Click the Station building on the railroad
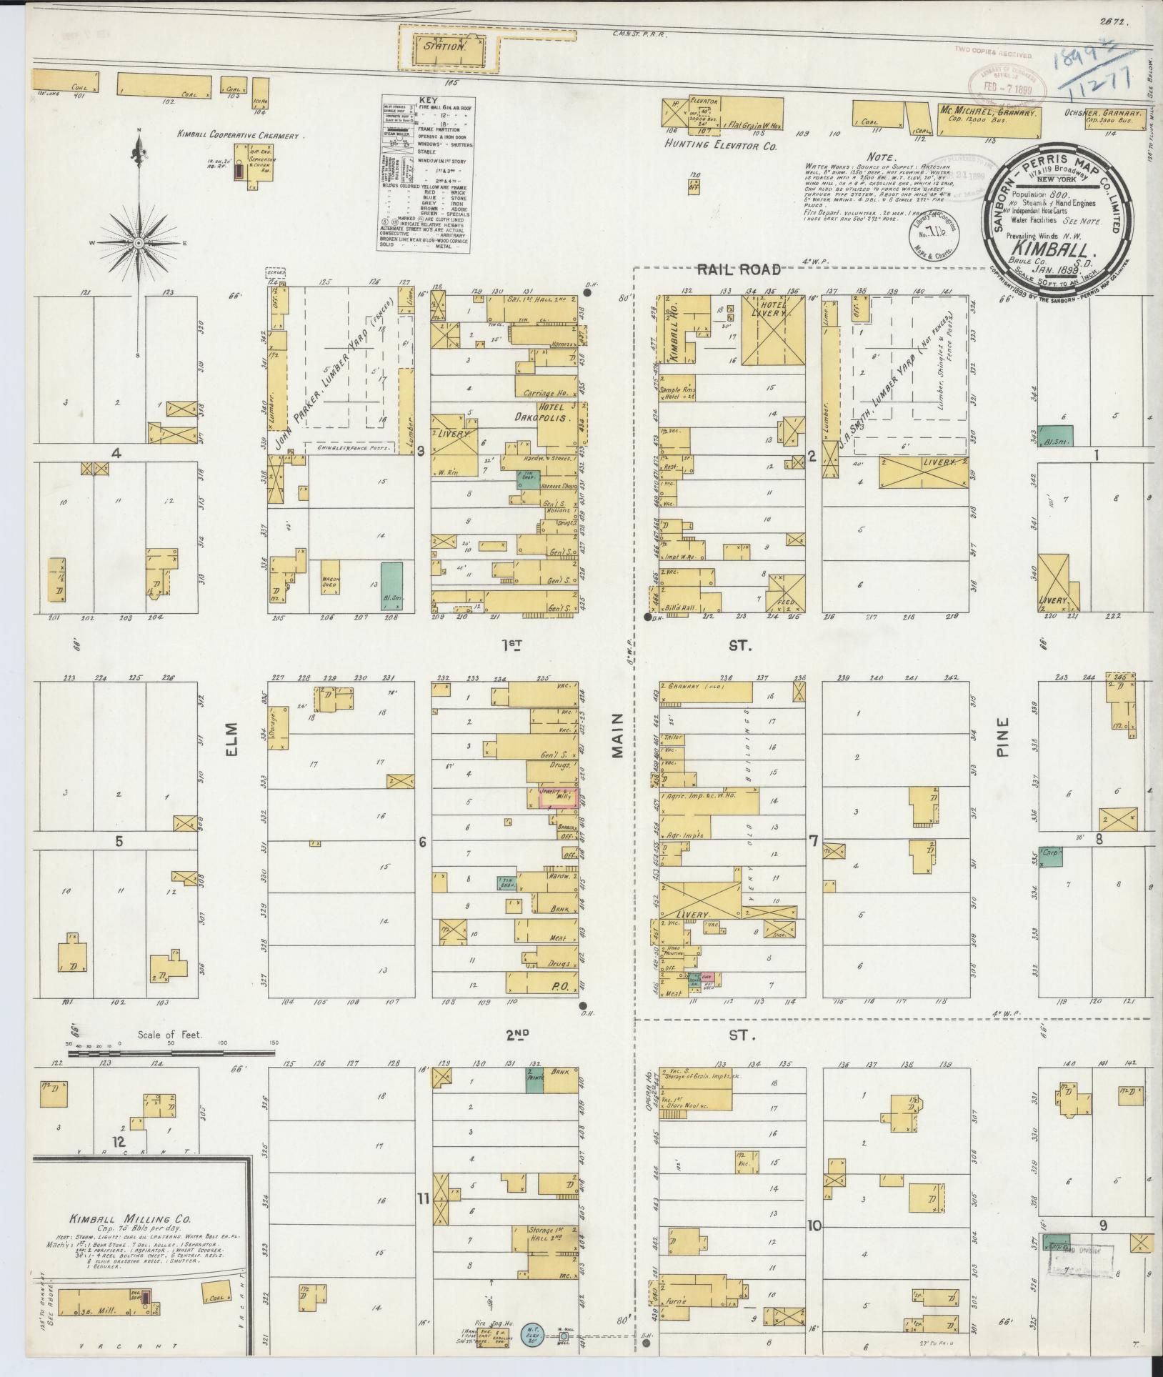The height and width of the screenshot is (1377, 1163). click(454, 47)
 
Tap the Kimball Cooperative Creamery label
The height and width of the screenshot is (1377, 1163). click(242, 134)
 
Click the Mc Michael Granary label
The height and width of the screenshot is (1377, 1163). click(989, 113)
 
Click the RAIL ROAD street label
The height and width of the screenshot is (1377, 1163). click(739, 270)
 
